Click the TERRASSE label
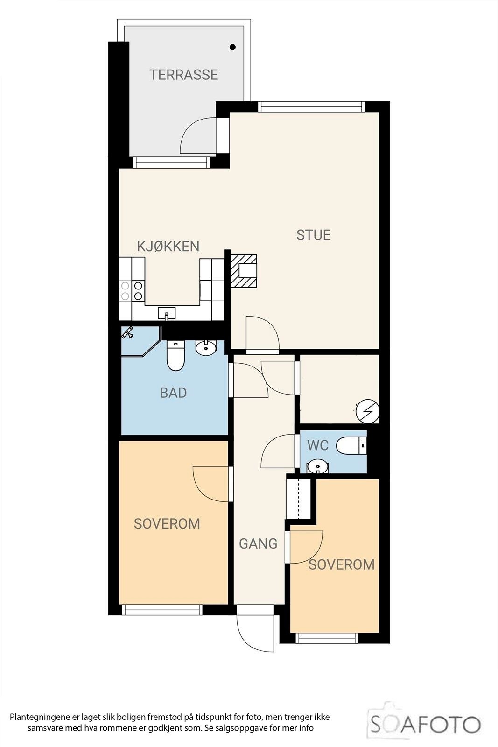coord(184,75)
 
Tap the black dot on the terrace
coord(233,47)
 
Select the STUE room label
coord(313,235)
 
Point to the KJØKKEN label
coord(168,247)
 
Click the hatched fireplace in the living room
coord(244,271)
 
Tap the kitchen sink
coord(166,313)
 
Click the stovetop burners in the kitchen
coord(132,290)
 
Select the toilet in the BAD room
coord(175,355)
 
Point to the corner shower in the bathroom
coord(140,341)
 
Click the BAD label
coord(173,393)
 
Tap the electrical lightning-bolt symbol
coord(367,411)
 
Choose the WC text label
coord(318,445)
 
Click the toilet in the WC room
coord(351,445)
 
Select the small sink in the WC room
coord(317,466)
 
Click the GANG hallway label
coord(258,543)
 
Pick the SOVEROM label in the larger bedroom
coord(167,523)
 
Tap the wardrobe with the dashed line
coord(299,499)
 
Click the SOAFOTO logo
coord(424,724)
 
